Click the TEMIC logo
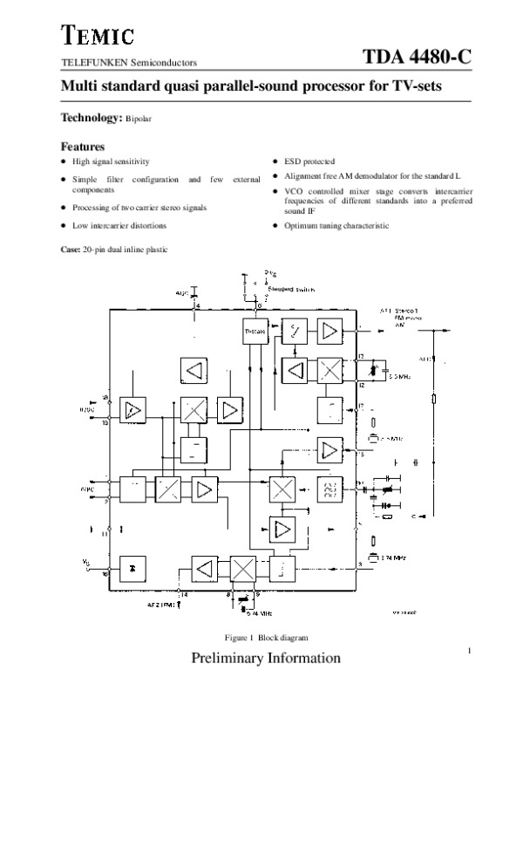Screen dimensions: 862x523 click(x=97, y=36)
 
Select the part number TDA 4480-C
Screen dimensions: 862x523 click(x=418, y=58)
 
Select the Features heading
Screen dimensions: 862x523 click(x=82, y=147)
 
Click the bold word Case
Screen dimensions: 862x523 click(x=69, y=250)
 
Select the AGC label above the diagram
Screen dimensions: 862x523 click(x=182, y=294)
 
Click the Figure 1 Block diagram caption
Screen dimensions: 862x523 click(x=267, y=638)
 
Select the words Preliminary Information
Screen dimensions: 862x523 click(x=266, y=658)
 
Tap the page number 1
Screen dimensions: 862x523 click(x=469, y=650)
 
